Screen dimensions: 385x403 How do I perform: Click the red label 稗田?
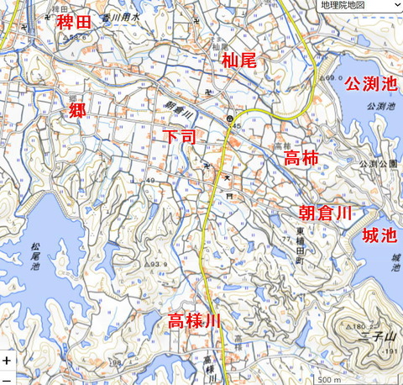(73, 22)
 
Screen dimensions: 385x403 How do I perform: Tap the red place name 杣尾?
(239, 61)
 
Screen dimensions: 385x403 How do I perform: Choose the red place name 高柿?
(301, 158)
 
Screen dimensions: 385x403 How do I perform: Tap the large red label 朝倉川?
(325, 214)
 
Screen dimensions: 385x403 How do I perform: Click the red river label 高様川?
(194, 321)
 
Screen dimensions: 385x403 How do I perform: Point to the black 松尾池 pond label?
(34, 256)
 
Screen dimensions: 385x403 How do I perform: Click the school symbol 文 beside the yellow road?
(227, 178)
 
